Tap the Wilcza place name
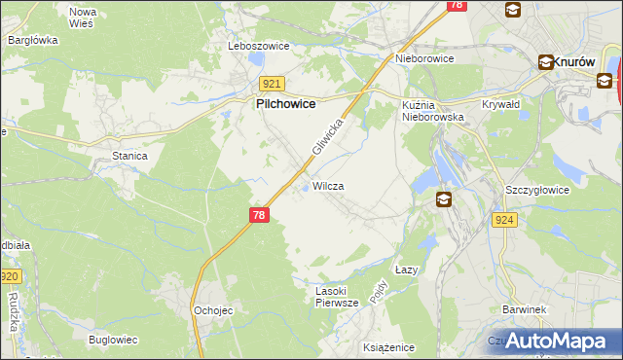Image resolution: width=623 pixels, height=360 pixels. coord(328,185)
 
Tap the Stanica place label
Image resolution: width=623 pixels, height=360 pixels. coord(129,155)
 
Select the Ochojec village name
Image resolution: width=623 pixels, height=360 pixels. coord(212,309)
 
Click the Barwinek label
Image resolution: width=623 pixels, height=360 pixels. coord(523,308)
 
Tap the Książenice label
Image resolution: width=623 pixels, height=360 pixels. coord(388,347)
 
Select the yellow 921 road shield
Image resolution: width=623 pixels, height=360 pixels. coord(272,85)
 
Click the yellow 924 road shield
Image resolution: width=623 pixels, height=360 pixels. coord(504,221)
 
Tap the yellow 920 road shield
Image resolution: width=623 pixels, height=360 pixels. coord(9,277)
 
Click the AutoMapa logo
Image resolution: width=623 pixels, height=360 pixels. coord(552,341)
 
